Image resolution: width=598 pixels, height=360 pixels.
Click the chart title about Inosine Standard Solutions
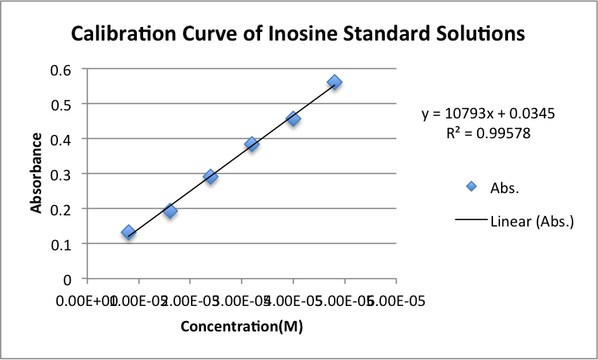pyautogui.click(x=298, y=34)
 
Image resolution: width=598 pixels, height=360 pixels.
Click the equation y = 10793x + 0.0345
pyautogui.click(x=488, y=114)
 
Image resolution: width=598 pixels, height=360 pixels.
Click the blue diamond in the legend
pyautogui.click(x=472, y=187)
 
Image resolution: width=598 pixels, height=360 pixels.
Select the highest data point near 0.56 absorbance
pyautogui.click(x=335, y=82)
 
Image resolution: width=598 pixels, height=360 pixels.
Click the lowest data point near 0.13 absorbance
pyautogui.click(x=128, y=232)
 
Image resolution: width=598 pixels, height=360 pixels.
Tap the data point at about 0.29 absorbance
pyautogui.click(x=211, y=176)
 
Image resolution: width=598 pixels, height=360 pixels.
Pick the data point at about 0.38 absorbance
pyautogui.click(x=252, y=144)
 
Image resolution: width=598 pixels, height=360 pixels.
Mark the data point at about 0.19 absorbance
pyautogui.click(x=169, y=211)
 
